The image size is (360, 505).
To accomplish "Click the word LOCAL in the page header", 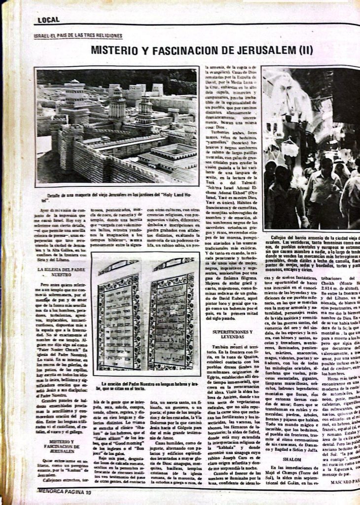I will point(48,20).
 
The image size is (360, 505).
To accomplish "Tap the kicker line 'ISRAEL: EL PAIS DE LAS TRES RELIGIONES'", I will point(78,36).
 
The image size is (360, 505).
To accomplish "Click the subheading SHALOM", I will point(288,459).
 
